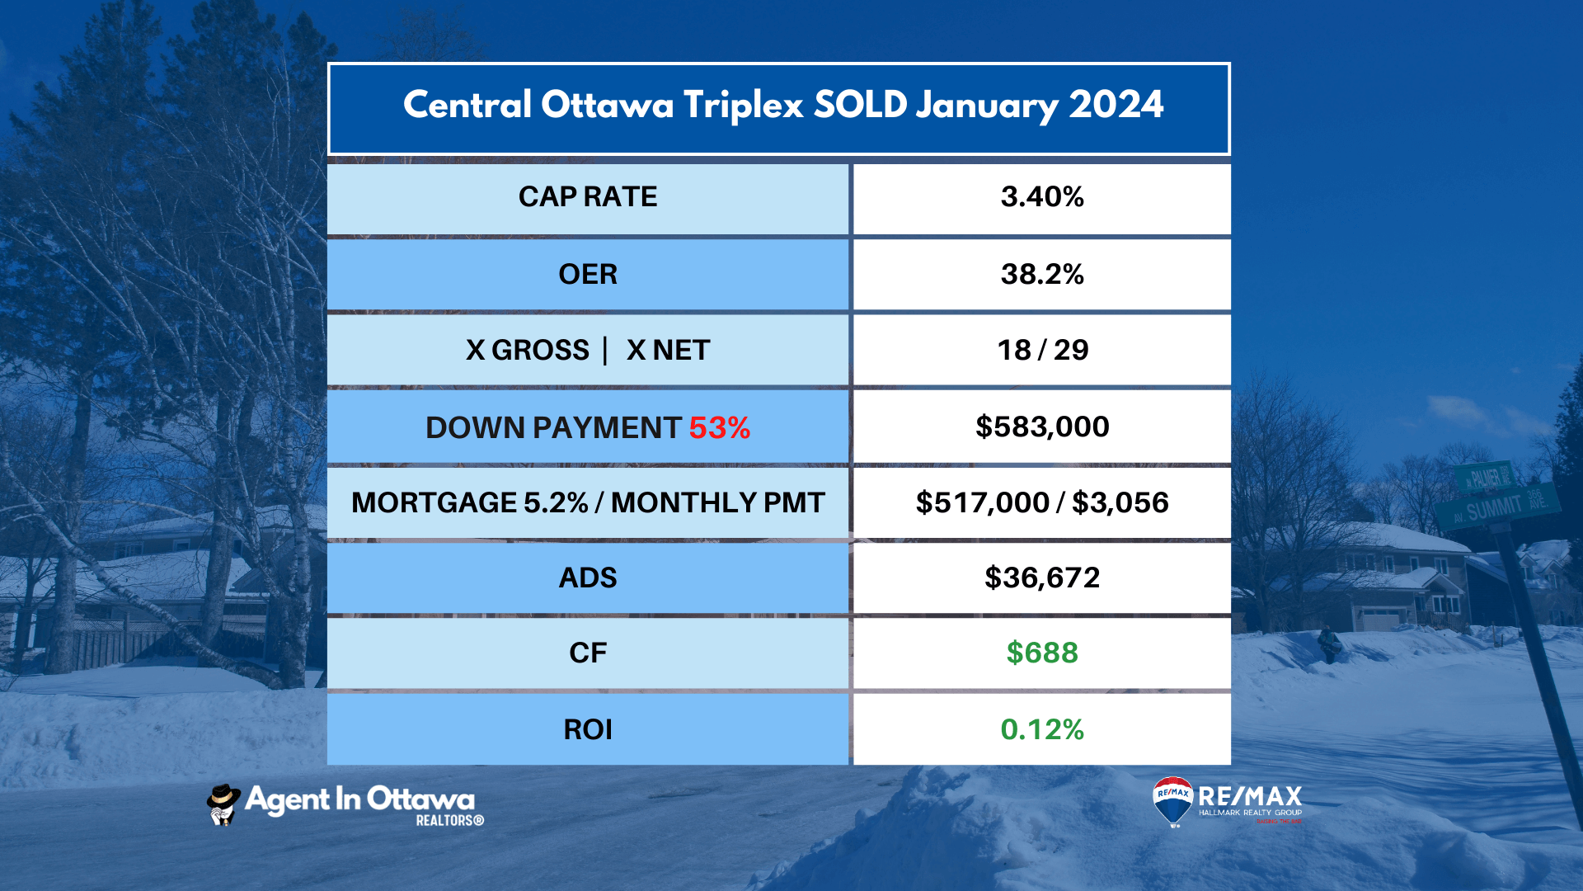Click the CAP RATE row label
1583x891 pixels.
588,197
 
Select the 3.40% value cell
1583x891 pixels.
1042,197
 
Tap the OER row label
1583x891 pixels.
588,274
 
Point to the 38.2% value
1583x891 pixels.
1042,274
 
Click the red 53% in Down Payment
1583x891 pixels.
719,427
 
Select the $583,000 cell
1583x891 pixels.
1042,427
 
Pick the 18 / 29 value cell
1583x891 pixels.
1042,350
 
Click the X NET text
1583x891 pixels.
668,350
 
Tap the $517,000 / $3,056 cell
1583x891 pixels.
1042,502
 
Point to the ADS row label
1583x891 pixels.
588,577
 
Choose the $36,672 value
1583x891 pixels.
1042,577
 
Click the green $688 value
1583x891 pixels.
1042,653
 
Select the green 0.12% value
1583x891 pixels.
1042,729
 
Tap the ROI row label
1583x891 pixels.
588,729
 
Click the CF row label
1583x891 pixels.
588,653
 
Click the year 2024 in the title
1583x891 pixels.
1116,105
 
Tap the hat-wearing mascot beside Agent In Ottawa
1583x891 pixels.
223,804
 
